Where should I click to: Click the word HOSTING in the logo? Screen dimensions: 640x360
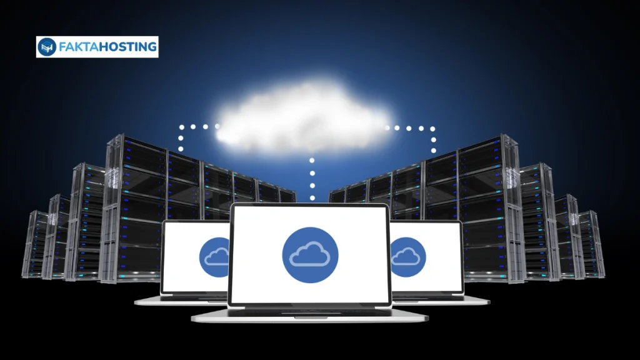(128, 47)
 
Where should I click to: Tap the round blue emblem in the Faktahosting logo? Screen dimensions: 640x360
(47, 47)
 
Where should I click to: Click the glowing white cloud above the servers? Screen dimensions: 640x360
(304, 115)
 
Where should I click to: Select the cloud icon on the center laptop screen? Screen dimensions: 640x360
(310, 255)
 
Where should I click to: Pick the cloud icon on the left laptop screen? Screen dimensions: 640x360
(215, 257)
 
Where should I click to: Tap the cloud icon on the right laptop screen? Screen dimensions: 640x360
(407, 257)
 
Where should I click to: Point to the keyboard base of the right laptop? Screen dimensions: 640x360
(441, 301)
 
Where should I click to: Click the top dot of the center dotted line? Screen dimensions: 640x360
(312, 161)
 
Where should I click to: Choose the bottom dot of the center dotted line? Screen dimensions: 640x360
(312, 198)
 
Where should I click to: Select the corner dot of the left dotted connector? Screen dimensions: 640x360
(181, 127)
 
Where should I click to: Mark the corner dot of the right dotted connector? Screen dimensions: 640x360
(432, 129)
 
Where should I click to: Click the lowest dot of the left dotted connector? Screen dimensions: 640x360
(181, 149)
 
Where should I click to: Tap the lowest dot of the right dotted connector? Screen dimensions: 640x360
(434, 151)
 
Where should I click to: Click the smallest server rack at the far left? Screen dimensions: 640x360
(35, 244)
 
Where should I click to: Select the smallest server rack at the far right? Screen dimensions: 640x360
(591, 244)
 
